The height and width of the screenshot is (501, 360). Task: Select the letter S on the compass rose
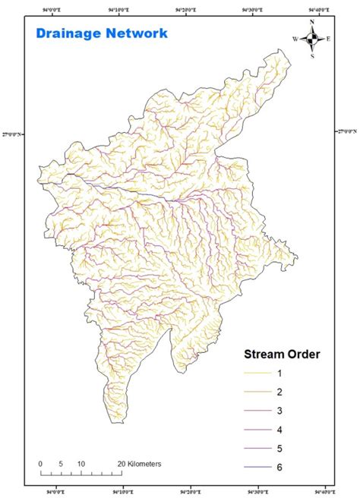tap(312, 55)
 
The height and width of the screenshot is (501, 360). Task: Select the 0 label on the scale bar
tap(40, 462)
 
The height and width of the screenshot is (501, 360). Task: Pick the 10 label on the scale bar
tap(81, 462)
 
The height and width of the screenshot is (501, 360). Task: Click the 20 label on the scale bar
tap(120, 462)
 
